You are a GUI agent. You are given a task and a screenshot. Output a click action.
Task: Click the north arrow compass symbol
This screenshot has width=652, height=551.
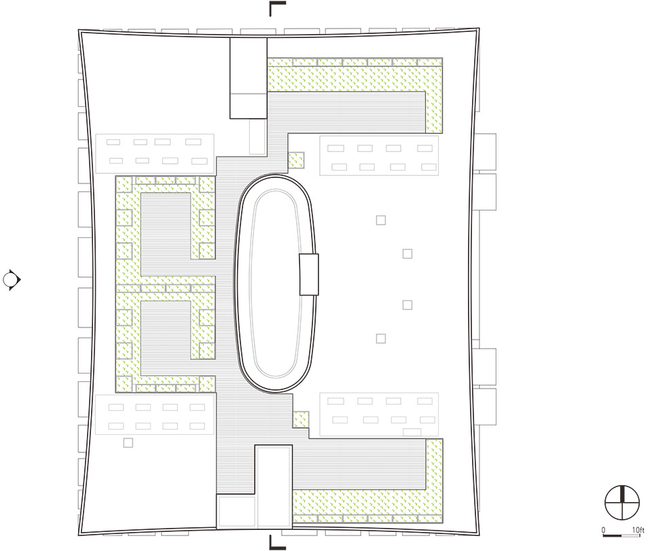[621, 502]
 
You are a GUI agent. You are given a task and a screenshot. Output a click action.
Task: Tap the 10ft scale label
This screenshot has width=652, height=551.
[638, 530]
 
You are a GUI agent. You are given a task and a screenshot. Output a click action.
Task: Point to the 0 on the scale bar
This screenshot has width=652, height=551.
[603, 530]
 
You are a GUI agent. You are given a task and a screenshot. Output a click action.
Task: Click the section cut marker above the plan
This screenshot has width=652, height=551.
[277, 8]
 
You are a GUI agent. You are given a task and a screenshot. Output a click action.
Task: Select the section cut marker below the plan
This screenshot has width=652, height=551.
[277, 542]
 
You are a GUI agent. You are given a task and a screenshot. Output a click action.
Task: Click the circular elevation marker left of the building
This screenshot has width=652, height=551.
[12, 280]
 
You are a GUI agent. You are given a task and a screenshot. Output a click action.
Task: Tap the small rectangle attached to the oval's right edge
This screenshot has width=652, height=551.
[309, 274]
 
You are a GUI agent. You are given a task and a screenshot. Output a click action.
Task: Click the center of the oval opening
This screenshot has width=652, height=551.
[275, 283]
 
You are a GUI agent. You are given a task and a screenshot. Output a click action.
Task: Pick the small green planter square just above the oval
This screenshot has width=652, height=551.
[296, 160]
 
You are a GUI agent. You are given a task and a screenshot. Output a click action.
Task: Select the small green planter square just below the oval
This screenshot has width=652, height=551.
[301, 420]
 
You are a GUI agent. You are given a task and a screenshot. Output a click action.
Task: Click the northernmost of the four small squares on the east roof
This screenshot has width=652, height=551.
[381, 220]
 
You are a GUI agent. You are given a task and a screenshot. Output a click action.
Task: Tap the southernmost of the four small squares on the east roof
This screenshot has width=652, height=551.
[381, 338]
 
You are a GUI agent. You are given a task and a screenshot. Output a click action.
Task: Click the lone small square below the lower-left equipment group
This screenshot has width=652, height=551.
[128, 443]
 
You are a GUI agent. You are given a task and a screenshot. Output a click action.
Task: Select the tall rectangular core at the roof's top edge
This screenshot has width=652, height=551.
[249, 78]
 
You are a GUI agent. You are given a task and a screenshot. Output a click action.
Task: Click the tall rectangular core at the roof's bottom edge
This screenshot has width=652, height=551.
[274, 486]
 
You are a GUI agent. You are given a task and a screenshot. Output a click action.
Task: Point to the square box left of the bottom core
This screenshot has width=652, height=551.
[236, 512]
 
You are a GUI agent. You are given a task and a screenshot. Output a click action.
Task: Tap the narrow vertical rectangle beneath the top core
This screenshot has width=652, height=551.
[257, 137]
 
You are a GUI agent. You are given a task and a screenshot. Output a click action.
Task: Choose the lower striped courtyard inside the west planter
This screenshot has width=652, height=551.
[166, 337]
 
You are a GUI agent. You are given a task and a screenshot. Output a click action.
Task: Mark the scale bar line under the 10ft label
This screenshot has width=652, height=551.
[621, 535]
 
